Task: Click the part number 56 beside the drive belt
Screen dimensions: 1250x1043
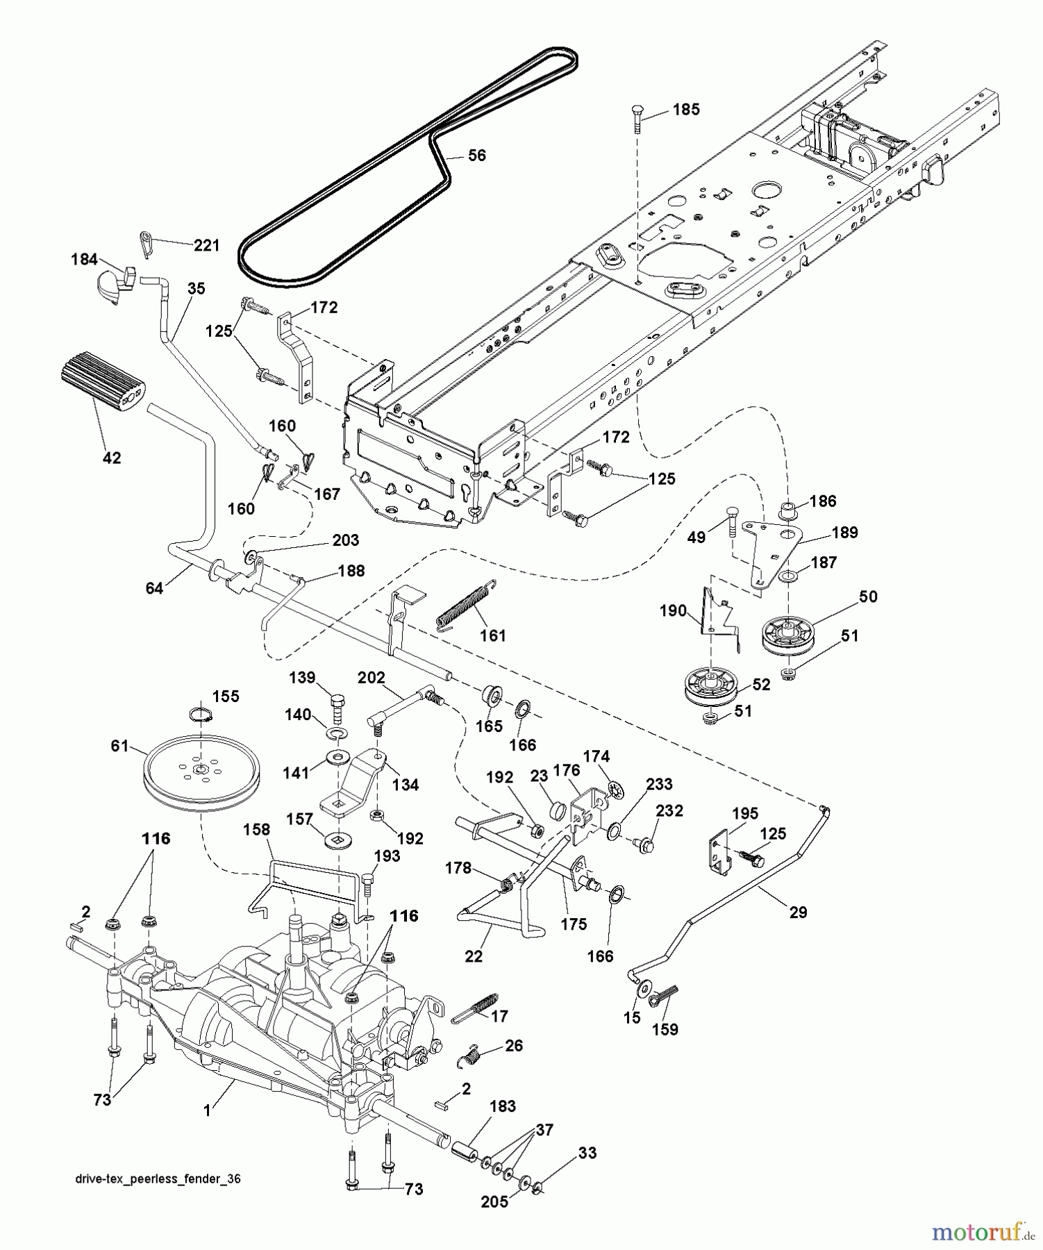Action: [476, 156]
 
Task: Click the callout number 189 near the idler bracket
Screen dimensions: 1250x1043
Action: [844, 533]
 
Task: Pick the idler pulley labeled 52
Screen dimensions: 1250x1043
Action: [710, 684]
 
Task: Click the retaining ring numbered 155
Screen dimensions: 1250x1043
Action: [200, 714]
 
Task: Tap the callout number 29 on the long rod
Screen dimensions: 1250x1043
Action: [799, 912]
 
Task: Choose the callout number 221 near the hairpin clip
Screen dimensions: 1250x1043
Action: [206, 245]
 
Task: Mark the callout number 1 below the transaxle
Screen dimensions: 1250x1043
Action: [206, 1111]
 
